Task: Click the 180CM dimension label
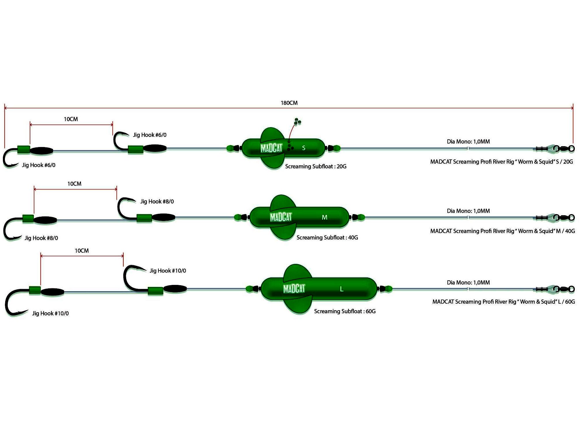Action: point(289,103)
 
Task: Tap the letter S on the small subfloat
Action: point(303,148)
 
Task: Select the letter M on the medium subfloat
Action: point(324,218)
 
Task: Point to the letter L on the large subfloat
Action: point(341,289)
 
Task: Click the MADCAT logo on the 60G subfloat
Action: point(294,289)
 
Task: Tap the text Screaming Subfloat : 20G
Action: point(315,166)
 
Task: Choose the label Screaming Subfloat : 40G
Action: point(327,237)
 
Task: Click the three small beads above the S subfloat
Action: point(297,122)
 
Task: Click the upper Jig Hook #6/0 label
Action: point(150,135)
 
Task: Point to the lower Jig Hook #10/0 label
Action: point(50,313)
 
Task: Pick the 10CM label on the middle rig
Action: point(74,184)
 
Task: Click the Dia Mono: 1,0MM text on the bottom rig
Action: point(468,282)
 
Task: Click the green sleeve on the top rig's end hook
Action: point(24,150)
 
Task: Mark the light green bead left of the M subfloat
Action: point(238,217)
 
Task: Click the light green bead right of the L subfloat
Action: point(388,289)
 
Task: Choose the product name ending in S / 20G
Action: point(501,162)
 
